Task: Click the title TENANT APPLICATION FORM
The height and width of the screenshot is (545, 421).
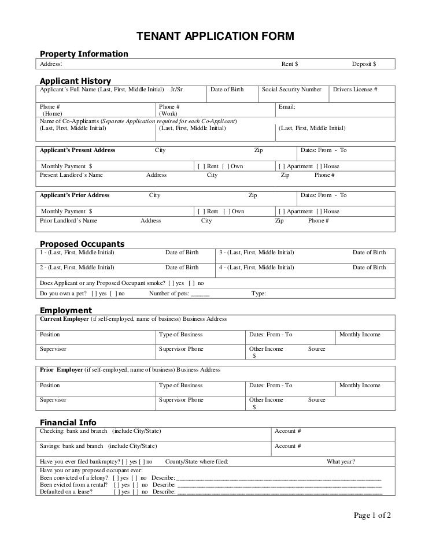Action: click(x=215, y=36)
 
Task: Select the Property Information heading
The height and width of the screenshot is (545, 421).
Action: click(x=83, y=54)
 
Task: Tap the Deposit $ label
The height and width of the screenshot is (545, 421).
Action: click(x=364, y=64)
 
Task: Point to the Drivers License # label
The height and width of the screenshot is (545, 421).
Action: click(x=354, y=90)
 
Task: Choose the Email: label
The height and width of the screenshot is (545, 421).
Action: click(x=287, y=107)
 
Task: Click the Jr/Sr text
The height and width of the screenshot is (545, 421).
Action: click(x=176, y=90)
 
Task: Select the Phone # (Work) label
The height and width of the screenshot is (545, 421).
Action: click(x=169, y=110)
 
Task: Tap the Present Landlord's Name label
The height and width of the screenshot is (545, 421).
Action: click(x=71, y=175)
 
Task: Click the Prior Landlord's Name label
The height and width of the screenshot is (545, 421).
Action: click(x=68, y=220)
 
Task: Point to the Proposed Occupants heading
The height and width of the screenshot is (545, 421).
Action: click(x=82, y=243)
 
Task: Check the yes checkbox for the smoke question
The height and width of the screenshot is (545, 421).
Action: click(x=171, y=283)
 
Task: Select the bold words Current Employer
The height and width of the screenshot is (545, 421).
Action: click(x=64, y=319)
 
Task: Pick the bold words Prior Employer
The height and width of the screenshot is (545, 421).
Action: click(x=61, y=370)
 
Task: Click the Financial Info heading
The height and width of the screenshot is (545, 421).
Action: click(x=68, y=422)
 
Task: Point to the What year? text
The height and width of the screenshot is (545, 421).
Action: click(x=341, y=461)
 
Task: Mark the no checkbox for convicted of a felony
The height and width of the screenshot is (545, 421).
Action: click(x=134, y=478)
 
